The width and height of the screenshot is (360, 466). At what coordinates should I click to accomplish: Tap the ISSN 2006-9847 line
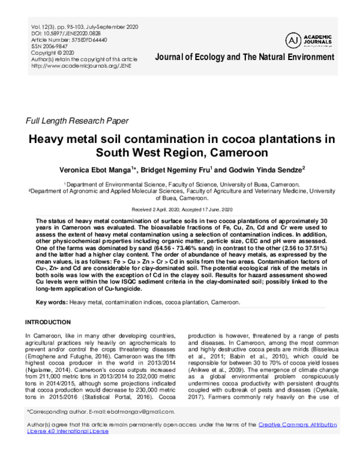pyautogui.click(x=50, y=46)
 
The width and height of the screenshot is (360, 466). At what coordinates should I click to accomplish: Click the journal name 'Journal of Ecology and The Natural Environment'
pyautogui.click(x=245, y=57)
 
